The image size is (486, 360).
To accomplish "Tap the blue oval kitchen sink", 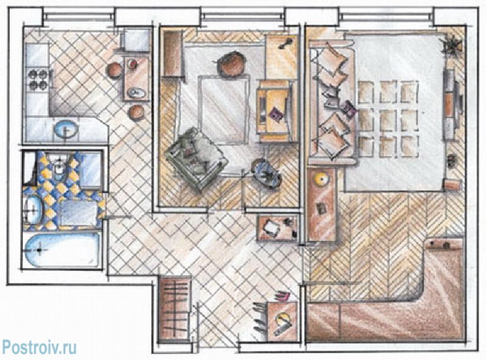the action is point(66,129).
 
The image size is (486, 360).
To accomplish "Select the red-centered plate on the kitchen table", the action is point(133,64).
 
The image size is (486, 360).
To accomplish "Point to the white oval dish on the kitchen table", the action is point(136,92).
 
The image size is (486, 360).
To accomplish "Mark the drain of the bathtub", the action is point(39,250).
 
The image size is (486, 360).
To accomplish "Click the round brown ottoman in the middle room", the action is point(232,65).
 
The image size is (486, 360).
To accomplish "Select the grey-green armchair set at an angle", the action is point(197,158).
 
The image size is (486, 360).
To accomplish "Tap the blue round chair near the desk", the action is point(266,174).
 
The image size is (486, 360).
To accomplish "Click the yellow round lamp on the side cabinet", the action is point(321,179).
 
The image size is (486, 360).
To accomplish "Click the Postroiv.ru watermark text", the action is point(39,347).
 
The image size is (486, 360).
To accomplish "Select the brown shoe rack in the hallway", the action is point(174,309).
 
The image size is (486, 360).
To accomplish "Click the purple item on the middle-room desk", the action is point(276,113).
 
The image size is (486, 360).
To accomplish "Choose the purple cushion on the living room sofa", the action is point(348,109).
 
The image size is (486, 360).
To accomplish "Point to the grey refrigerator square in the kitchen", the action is point(137,41).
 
